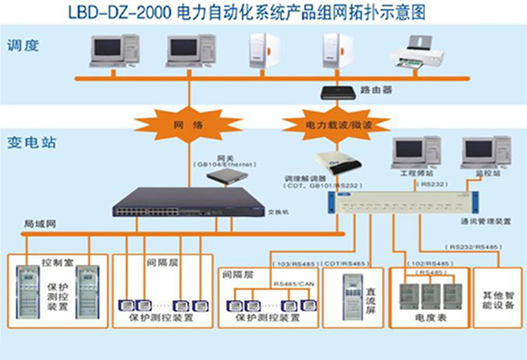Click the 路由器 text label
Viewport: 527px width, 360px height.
tap(375, 90)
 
